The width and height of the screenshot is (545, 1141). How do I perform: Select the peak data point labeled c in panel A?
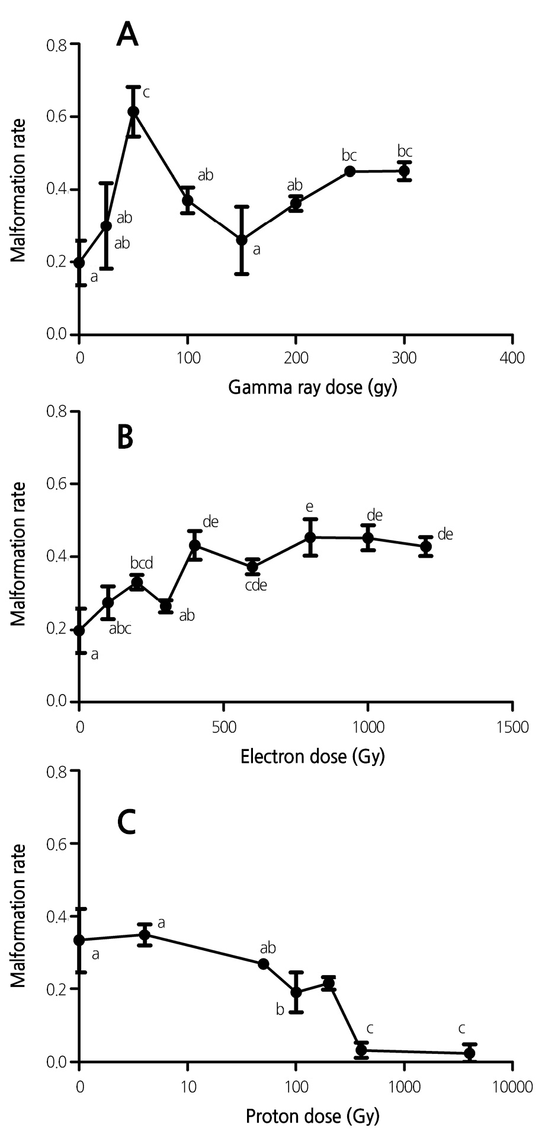133,111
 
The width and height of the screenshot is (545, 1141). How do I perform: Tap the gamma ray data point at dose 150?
242,240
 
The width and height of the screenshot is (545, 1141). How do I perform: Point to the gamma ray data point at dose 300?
404,171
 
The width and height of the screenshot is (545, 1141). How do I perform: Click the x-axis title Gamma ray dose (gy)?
312,388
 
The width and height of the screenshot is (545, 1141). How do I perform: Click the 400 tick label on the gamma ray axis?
512,359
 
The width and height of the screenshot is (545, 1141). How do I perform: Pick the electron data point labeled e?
310,538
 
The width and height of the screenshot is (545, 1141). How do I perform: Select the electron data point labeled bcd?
137,583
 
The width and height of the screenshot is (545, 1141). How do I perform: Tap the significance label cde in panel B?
255,586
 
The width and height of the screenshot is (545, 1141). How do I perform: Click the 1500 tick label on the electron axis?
512,727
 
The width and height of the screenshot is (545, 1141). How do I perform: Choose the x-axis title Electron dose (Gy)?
312,757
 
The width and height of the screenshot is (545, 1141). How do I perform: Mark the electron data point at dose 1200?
425,546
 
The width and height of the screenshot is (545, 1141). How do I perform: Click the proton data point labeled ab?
264,964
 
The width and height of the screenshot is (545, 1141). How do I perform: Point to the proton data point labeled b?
296,992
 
